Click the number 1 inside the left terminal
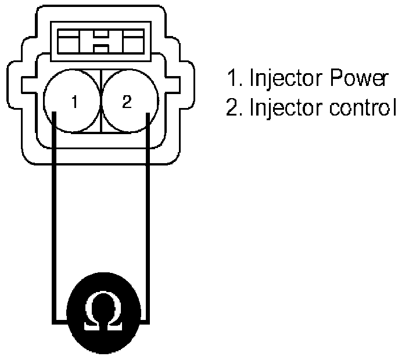[74, 103]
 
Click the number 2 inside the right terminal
[127, 103]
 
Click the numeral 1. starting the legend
[232, 80]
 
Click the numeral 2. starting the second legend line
[234, 109]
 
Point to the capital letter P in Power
[338, 79]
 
